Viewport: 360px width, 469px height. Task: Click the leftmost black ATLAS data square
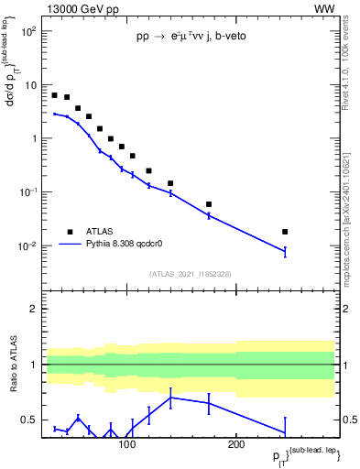pyautogui.click(x=55, y=95)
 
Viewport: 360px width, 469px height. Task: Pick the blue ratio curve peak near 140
pyautogui.click(x=170, y=397)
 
